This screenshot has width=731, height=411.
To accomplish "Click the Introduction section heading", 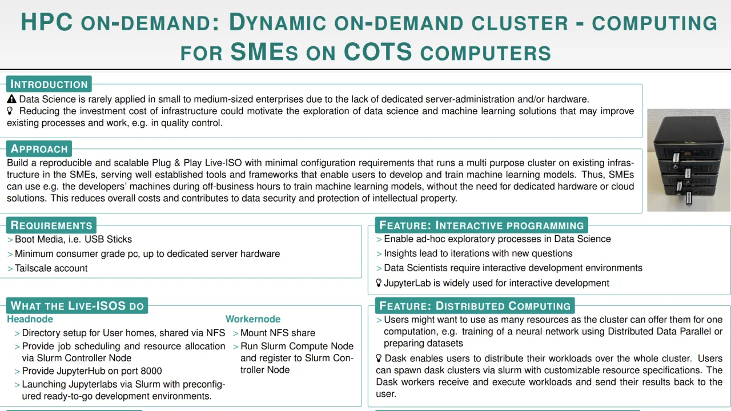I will pyautogui.click(x=49, y=84).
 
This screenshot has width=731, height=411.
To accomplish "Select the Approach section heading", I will pyautogui.click(x=39, y=149).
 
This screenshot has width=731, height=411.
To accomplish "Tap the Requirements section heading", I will pyautogui.click(x=51, y=225).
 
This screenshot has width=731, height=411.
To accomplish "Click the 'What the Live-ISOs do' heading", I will pyautogui.click(x=77, y=305).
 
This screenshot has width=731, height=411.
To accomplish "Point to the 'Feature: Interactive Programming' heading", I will pyautogui.click(x=481, y=225).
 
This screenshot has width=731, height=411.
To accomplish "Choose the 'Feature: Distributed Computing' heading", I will pyautogui.click(x=475, y=306).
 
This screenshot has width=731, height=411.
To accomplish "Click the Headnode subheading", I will pyautogui.click(x=30, y=319).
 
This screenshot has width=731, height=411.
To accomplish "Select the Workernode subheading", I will pyautogui.click(x=253, y=319).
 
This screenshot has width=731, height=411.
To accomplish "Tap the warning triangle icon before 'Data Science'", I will pyautogui.click(x=12, y=99).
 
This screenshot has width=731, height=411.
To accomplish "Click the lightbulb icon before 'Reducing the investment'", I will pyautogui.click(x=10, y=111).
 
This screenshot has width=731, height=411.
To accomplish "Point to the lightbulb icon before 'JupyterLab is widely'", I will pyautogui.click(x=379, y=283).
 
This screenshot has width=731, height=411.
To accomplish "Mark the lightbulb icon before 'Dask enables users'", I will pyautogui.click(x=379, y=358).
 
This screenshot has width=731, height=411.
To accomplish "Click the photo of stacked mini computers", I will pyautogui.click(x=688, y=160).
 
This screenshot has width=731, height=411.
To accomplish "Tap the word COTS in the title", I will pyautogui.click(x=377, y=53).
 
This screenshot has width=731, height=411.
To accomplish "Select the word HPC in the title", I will pyautogui.click(x=46, y=22).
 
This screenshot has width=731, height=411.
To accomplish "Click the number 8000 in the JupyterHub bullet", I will pyautogui.click(x=151, y=371).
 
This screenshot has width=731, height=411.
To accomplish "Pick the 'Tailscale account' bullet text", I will pyautogui.click(x=51, y=268).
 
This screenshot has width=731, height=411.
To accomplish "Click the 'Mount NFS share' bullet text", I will pyautogui.click(x=278, y=333).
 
